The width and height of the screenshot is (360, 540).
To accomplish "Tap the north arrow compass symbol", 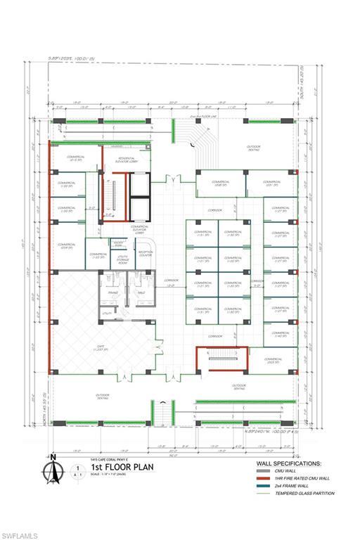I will tap(53, 470).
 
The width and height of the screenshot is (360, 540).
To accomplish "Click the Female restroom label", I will tap(111, 292).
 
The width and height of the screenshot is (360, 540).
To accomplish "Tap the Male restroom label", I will tap(141, 292).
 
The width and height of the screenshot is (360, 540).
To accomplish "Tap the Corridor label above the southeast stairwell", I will tap(214, 335).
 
